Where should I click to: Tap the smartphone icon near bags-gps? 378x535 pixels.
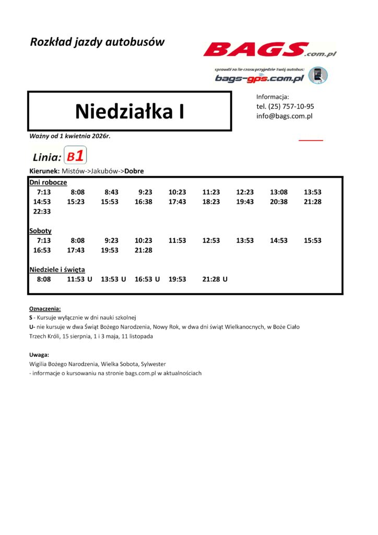point(317,75)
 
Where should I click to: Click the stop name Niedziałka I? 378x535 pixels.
point(129,111)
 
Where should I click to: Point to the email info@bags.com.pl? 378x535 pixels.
point(284,116)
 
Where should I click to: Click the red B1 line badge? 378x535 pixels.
point(75,156)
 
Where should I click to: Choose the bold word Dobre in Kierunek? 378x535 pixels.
point(134,171)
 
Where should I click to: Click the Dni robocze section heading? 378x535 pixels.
point(48,182)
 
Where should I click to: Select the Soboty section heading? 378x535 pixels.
point(40,230)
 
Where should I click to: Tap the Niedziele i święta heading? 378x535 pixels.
point(57,270)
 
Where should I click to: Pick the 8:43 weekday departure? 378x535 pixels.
point(112,192)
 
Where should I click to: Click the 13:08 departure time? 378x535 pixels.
point(279,192)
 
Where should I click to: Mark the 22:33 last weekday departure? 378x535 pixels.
point(42,211)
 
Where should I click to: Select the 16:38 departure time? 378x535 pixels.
point(143,202)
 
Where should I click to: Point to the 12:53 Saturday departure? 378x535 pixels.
point(211,241)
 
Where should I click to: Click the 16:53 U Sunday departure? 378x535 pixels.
point(147,280)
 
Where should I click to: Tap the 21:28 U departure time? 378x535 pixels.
point(215,280)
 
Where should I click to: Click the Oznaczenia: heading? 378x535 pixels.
point(45,309)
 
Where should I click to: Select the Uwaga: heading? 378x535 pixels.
point(39,354)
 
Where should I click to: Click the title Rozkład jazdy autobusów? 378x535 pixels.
point(97,42)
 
